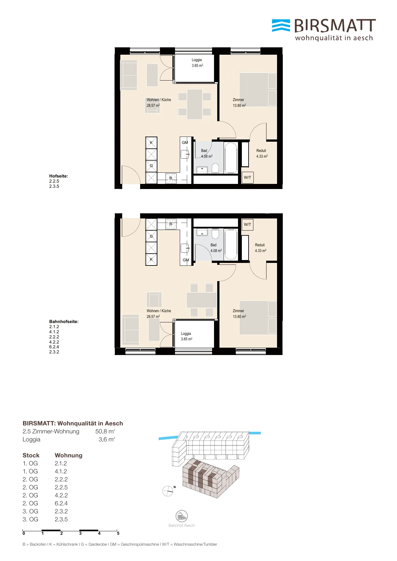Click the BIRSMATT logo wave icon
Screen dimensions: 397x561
coord(281,26)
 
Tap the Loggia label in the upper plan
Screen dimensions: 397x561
coord(197,60)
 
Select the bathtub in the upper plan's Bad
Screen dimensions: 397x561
coord(231,158)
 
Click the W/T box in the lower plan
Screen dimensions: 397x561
coord(248,224)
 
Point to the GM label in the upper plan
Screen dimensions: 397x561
coord(185,143)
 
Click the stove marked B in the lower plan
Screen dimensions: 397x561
coord(171,224)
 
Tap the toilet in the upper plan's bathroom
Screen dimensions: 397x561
coord(215,168)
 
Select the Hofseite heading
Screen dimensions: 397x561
coord(59,176)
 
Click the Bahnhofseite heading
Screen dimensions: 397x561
coord(64,321)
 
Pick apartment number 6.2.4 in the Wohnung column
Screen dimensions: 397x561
coord(61,503)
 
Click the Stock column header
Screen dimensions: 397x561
coord(31,455)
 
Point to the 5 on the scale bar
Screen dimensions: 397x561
coord(118,533)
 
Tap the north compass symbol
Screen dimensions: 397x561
coord(168,491)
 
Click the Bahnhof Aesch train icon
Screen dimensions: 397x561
coord(182,516)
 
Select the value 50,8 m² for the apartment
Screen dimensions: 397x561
coord(105,431)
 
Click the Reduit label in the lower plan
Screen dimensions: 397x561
coord(260,245)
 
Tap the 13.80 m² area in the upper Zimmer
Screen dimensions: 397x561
coord(239,105)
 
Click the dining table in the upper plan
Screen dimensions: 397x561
coord(195,105)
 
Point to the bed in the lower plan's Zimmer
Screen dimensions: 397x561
coord(258,318)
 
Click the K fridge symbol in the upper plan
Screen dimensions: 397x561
coord(151,143)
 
